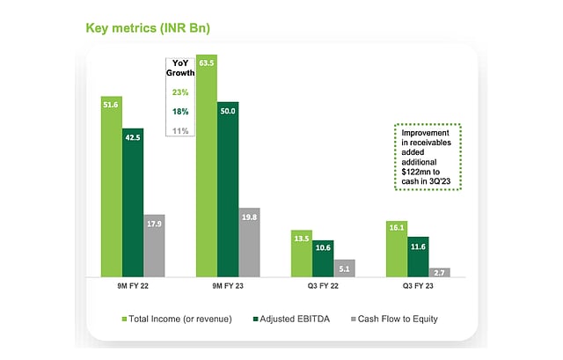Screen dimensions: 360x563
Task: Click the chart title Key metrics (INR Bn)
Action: click(148, 27)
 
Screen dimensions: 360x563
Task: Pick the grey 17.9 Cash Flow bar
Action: click(154, 246)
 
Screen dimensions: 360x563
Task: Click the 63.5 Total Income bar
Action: click(207, 167)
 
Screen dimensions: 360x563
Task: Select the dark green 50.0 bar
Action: click(228, 190)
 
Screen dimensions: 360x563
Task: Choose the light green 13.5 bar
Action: click(302, 253)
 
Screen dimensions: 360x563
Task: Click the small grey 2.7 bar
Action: click(439, 273)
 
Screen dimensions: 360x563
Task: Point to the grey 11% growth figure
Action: click(180, 130)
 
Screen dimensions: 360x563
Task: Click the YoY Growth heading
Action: click(180, 67)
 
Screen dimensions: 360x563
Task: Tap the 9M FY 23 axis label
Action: click(228, 285)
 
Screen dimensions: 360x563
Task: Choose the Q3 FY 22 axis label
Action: click(323, 285)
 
